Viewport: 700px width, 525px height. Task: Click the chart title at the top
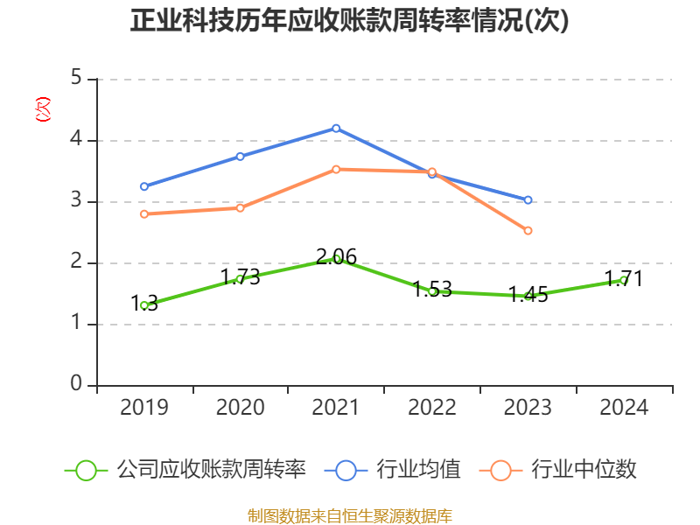[x=349, y=21]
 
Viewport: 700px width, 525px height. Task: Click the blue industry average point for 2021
[x=336, y=128]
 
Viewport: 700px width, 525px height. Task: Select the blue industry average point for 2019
[x=144, y=186]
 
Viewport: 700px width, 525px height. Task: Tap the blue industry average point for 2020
[x=240, y=156]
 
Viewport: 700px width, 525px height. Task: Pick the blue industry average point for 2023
[x=528, y=200]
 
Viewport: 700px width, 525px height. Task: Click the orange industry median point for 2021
[x=336, y=169]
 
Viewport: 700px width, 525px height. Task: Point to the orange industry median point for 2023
[x=528, y=231]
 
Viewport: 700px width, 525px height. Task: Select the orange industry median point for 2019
[x=144, y=213]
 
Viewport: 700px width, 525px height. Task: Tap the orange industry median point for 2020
[x=240, y=207]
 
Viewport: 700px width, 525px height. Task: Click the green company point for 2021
[x=336, y=258]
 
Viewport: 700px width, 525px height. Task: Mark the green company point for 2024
[x=624, y=280]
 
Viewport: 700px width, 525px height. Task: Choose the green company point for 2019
[x=144, y=305]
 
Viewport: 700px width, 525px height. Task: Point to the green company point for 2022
[x=432, y=291]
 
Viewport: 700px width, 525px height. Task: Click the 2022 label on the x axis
[x=432, y=408]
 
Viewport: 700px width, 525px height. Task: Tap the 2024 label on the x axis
[x=624, y=408]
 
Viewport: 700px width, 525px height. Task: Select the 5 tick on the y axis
[x=76, y=79]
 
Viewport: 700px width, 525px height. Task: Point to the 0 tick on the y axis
[x=76, y=385]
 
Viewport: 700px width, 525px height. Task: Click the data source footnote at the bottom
[x=349, y=515]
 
